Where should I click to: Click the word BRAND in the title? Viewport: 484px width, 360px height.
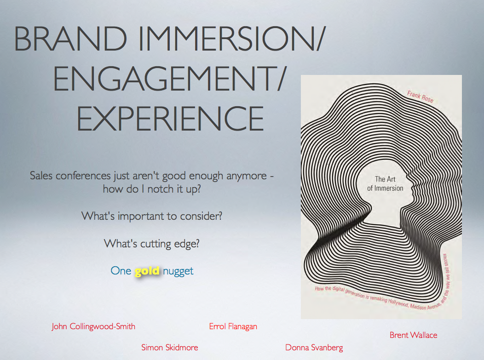pyautogui.click(x=70, y=39)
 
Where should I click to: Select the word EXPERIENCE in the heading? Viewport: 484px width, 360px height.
pyautogui.click(x=170, y=119)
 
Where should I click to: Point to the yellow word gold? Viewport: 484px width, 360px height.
pyautogui.click(x=147, y=271)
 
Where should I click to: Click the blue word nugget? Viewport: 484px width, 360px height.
pyautogui.click(x=178, y=271)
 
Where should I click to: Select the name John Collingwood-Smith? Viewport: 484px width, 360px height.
pyautogui.click(x=93, y=326)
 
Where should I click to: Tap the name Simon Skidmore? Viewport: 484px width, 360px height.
pyautogui.click(x=170, y=347)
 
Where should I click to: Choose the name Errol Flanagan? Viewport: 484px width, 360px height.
pyautogui.click(x=233, y=326)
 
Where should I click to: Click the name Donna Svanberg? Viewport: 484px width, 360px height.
pyautogui.click(x=314, y=348)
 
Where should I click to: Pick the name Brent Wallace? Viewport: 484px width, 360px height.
pyautogui.click(x=413, y=335)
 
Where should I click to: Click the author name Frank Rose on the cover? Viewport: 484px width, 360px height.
pyautogui.click(x=420, y=97)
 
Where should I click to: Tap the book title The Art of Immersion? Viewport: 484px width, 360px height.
pyautogui.click(x=385, y=183)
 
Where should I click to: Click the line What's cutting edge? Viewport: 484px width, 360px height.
pyautogui.click(x=151, y=244)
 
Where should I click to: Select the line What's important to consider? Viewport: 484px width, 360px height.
pyautogui.click(x=151, y=216)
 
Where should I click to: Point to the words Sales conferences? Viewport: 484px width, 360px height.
pyautogui.click(x=70, y=176)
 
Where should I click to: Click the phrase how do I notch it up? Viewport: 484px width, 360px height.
pyautogui.click(x=152, y=189)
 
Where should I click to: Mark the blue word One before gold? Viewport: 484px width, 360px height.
pyautogui.click(x=121, y=271)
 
